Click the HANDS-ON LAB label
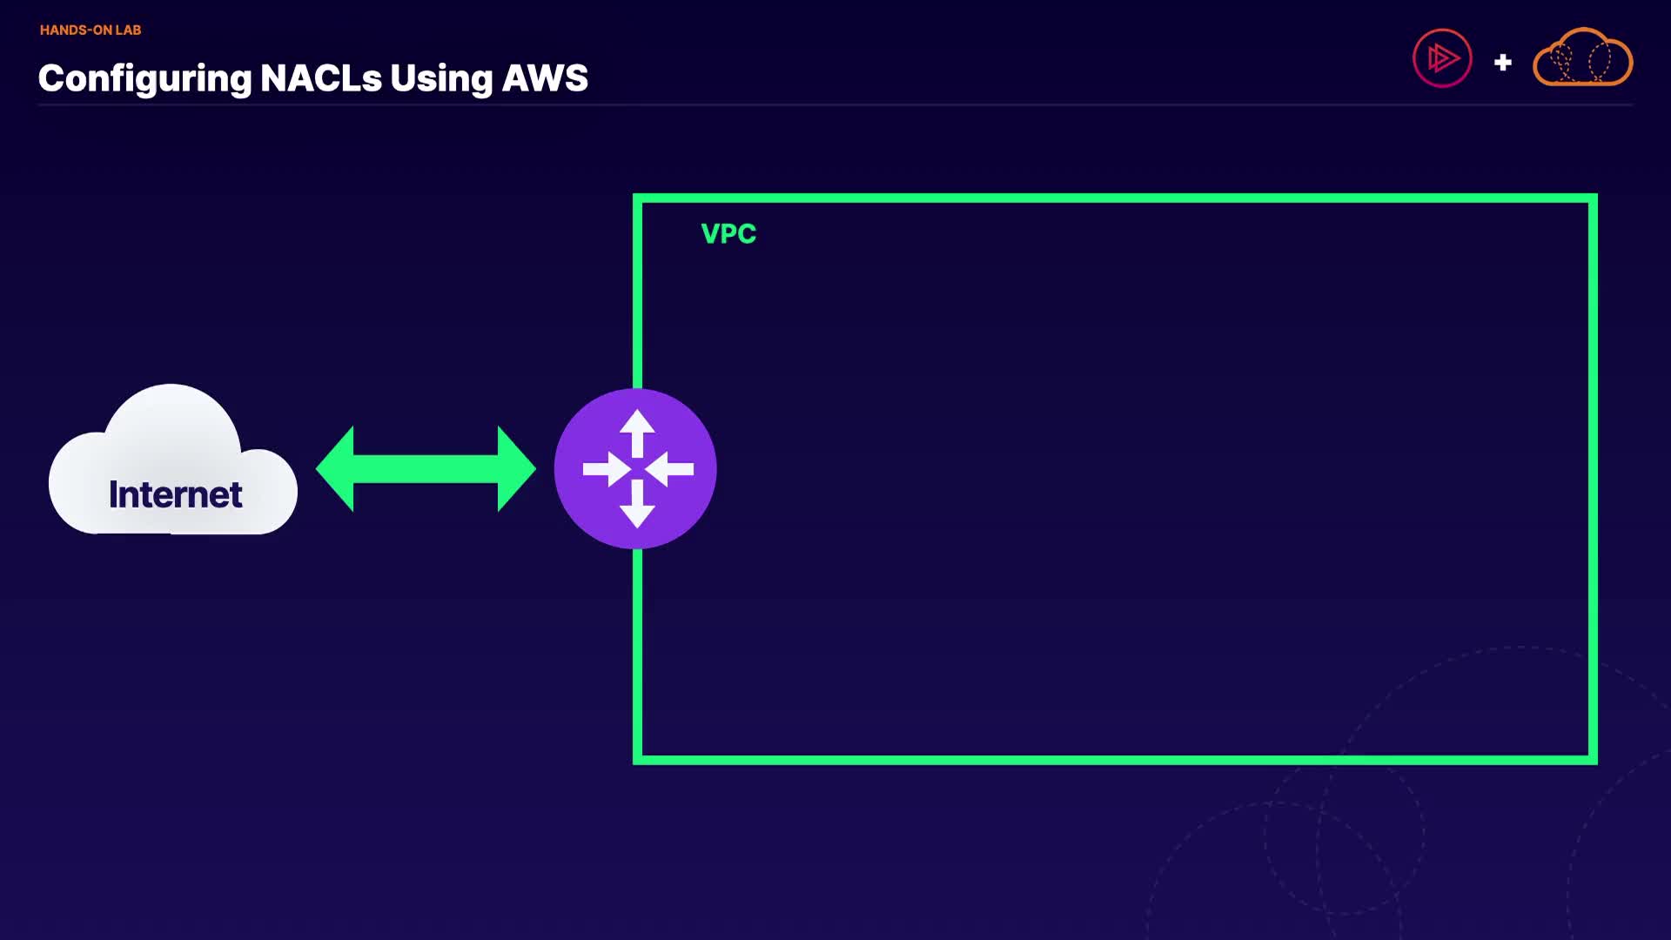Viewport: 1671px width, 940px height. click(x=91, y=30)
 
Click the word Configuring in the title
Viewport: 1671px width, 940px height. click(x=144, y=78)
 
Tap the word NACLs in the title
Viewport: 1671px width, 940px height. click(x=320, y=78)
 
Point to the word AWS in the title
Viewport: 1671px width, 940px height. click(x=545, y=78)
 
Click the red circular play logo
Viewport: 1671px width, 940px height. click(x=1442, y=58)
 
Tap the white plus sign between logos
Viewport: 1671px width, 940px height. click(x=1502, y=63)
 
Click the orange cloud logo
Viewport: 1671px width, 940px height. click(x=1582, y=59)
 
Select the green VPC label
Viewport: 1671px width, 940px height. click(x=728, y=233)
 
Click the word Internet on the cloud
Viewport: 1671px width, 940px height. click(x=175, y=494)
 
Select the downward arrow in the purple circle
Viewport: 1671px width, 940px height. click(x=637, y=507)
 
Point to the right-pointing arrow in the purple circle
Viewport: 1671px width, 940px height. click(x=606, y=469)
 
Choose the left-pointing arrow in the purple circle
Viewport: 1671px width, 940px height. click(x=670, y=469)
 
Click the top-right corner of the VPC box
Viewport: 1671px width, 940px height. click(x=1593, y=198)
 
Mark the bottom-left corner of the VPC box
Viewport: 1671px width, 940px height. click(x=638, y=760)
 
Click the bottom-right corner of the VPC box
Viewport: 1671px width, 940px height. click(x=1593, y=760)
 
